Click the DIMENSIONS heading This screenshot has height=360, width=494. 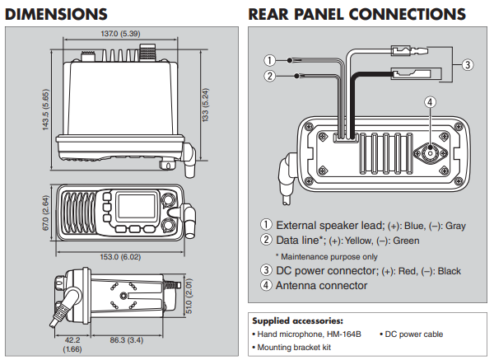tap(57, 14)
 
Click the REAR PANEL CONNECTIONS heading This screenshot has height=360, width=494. tap(356, 14)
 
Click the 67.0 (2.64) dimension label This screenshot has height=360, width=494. tap(47, 211)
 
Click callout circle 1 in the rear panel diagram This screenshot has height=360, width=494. tap(268, 60)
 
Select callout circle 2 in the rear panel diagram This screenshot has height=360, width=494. tap(268, 77)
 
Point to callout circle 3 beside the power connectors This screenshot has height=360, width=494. tap(466, 64)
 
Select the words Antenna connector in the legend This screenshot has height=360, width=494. tap(321, 286)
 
